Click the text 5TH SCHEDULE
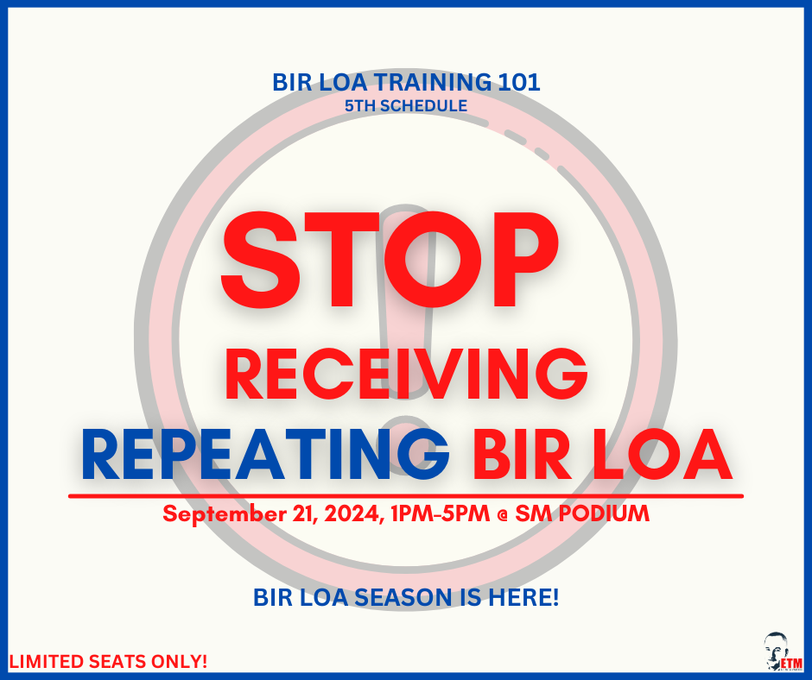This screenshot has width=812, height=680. tap(405, 106)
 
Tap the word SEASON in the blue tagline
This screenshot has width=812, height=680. tap(405, 596)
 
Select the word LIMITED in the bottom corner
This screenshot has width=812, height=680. tap(43, 663)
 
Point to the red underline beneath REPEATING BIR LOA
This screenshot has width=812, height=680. tap(406, 495)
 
